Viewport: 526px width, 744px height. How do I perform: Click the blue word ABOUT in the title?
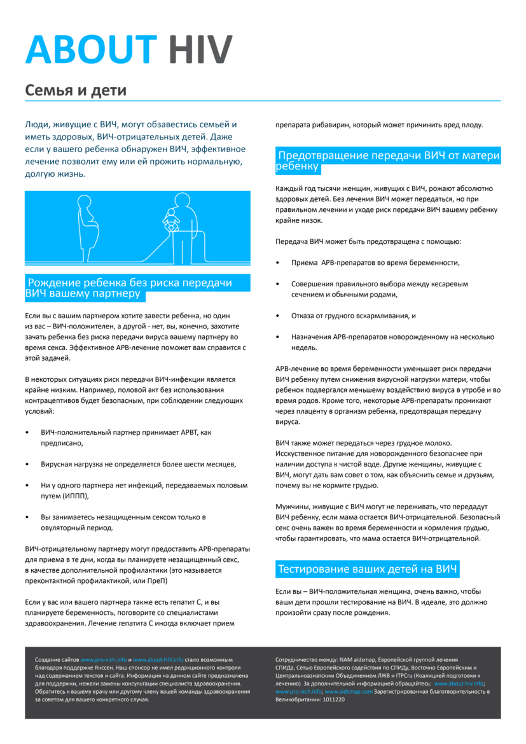(90, 50)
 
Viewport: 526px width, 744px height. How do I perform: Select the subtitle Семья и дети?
(76, 90)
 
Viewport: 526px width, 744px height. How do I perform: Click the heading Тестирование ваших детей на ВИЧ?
(368, 569)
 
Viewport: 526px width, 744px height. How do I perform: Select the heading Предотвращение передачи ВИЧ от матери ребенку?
(388, 160)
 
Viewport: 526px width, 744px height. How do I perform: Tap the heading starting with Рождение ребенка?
(137, 288)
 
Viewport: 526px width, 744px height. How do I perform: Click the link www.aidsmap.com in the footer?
(349, 691)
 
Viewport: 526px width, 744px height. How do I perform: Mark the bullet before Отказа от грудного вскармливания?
(278, 316)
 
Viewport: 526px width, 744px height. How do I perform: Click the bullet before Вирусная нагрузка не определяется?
(27, 465)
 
